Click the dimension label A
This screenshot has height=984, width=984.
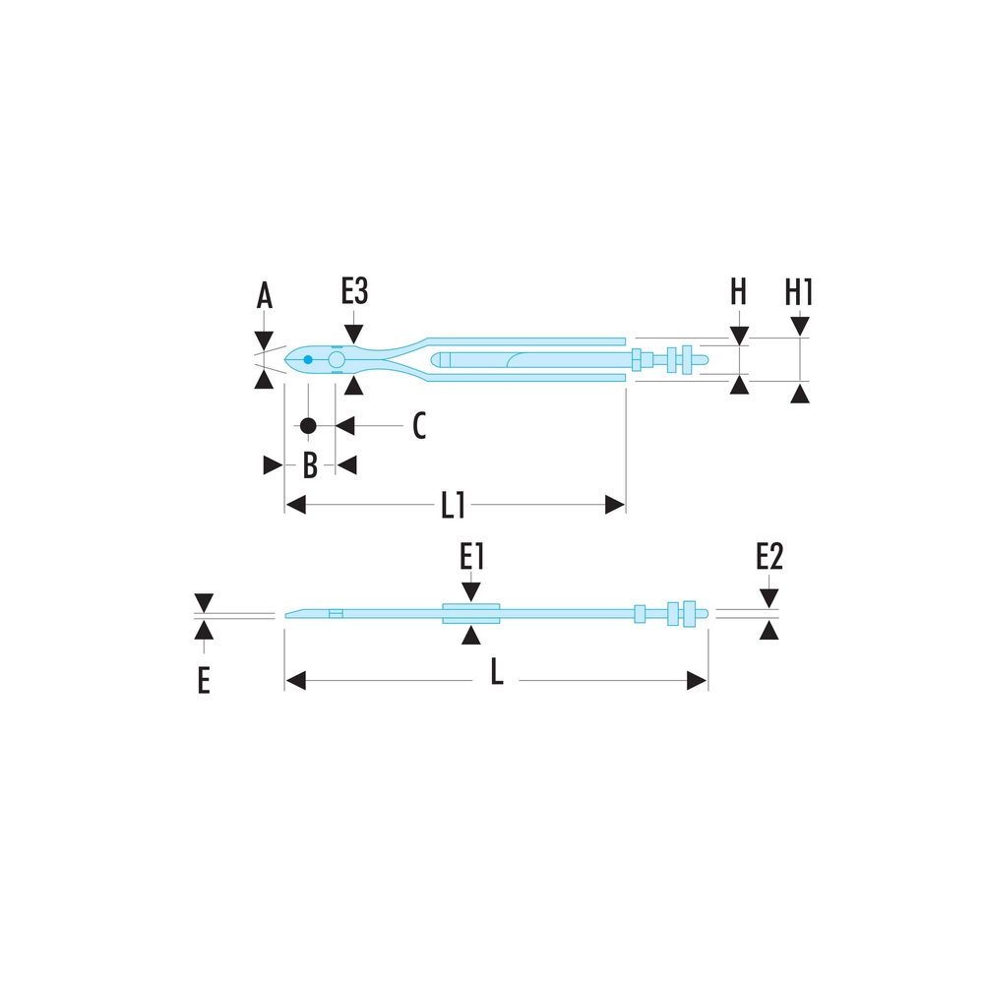[x=264, y=295]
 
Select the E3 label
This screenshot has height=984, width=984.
[x=354, y=290]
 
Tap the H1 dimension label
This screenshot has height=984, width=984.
[x=799, y=292]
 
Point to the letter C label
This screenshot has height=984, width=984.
[x=419, y=425]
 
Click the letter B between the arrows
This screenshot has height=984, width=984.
[x=310, y=465]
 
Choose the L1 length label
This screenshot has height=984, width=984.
[x=453, y=505]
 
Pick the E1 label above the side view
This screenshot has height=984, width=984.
[x=472, y=556]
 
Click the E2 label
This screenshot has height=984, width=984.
[x=769, y=556]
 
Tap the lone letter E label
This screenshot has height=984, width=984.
[x=204, y=680]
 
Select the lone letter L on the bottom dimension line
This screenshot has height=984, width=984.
[x=496, y=672]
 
